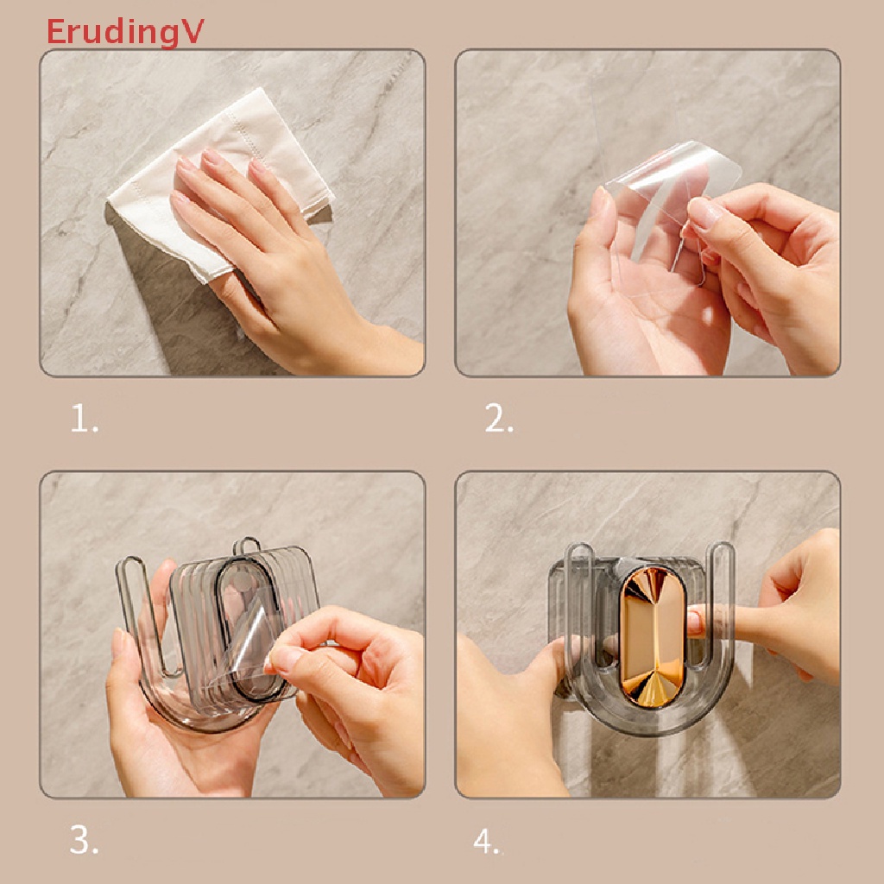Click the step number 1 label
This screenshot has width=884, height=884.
tap(84, 420)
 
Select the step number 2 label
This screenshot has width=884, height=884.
tap(499, 420)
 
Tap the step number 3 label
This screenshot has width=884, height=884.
tap(84, 840)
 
